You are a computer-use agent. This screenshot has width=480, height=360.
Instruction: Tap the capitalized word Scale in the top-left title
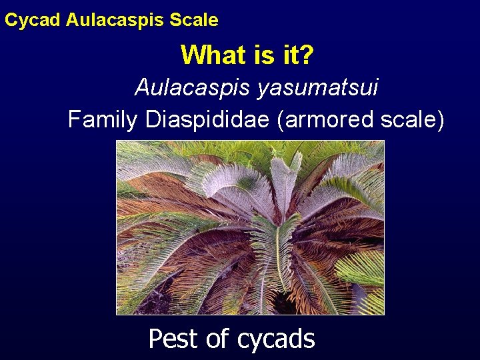coord(194,20)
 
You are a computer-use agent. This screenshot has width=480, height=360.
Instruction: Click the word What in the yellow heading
coord(210,55)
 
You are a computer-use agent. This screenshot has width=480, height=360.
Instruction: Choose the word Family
coord(103,119)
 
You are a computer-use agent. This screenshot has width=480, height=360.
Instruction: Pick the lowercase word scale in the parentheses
coord(413,120)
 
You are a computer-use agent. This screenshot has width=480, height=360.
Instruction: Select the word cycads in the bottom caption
coord(275,339)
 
